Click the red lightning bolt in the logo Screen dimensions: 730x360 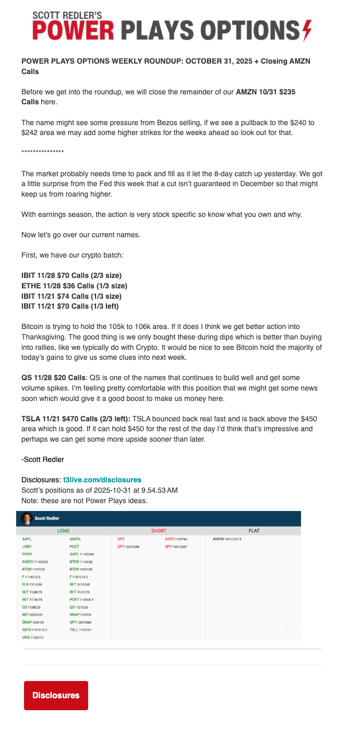[x=306, y=30]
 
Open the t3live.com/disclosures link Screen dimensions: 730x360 [x=102, y=479]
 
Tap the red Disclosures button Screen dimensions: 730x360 [x=56, y=695]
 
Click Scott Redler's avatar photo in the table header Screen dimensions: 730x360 [x=26, y=518]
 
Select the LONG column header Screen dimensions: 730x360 [x=63, y=531]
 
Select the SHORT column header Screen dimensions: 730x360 [x=159, y=531]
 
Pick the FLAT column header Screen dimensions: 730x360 [x=254, y=531]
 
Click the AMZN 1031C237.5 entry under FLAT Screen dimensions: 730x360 [x=227, y=539]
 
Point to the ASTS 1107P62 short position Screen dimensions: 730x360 [x=176, y=539]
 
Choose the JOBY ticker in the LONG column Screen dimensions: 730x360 [x=27, y=546]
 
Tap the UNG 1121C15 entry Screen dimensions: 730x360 [x=32, y=637]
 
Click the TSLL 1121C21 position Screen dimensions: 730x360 [x=80, y=630]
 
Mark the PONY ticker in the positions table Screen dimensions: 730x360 [x=28, y=554]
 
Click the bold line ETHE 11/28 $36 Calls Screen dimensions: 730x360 [x=74, y=286]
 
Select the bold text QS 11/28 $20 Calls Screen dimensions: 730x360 [x=53, y=377]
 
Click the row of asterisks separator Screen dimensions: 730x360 [x=43, y=152]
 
